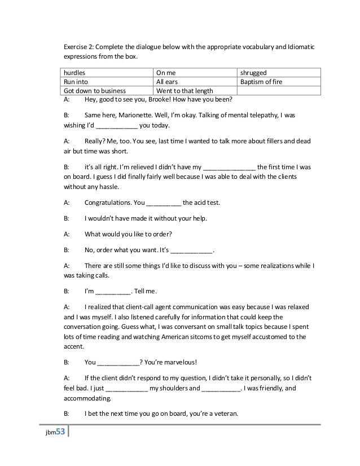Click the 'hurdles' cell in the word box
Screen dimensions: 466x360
74,73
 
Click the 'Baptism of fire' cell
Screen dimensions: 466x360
261,81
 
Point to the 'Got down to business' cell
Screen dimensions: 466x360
91,90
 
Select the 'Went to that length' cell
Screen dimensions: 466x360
183,90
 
